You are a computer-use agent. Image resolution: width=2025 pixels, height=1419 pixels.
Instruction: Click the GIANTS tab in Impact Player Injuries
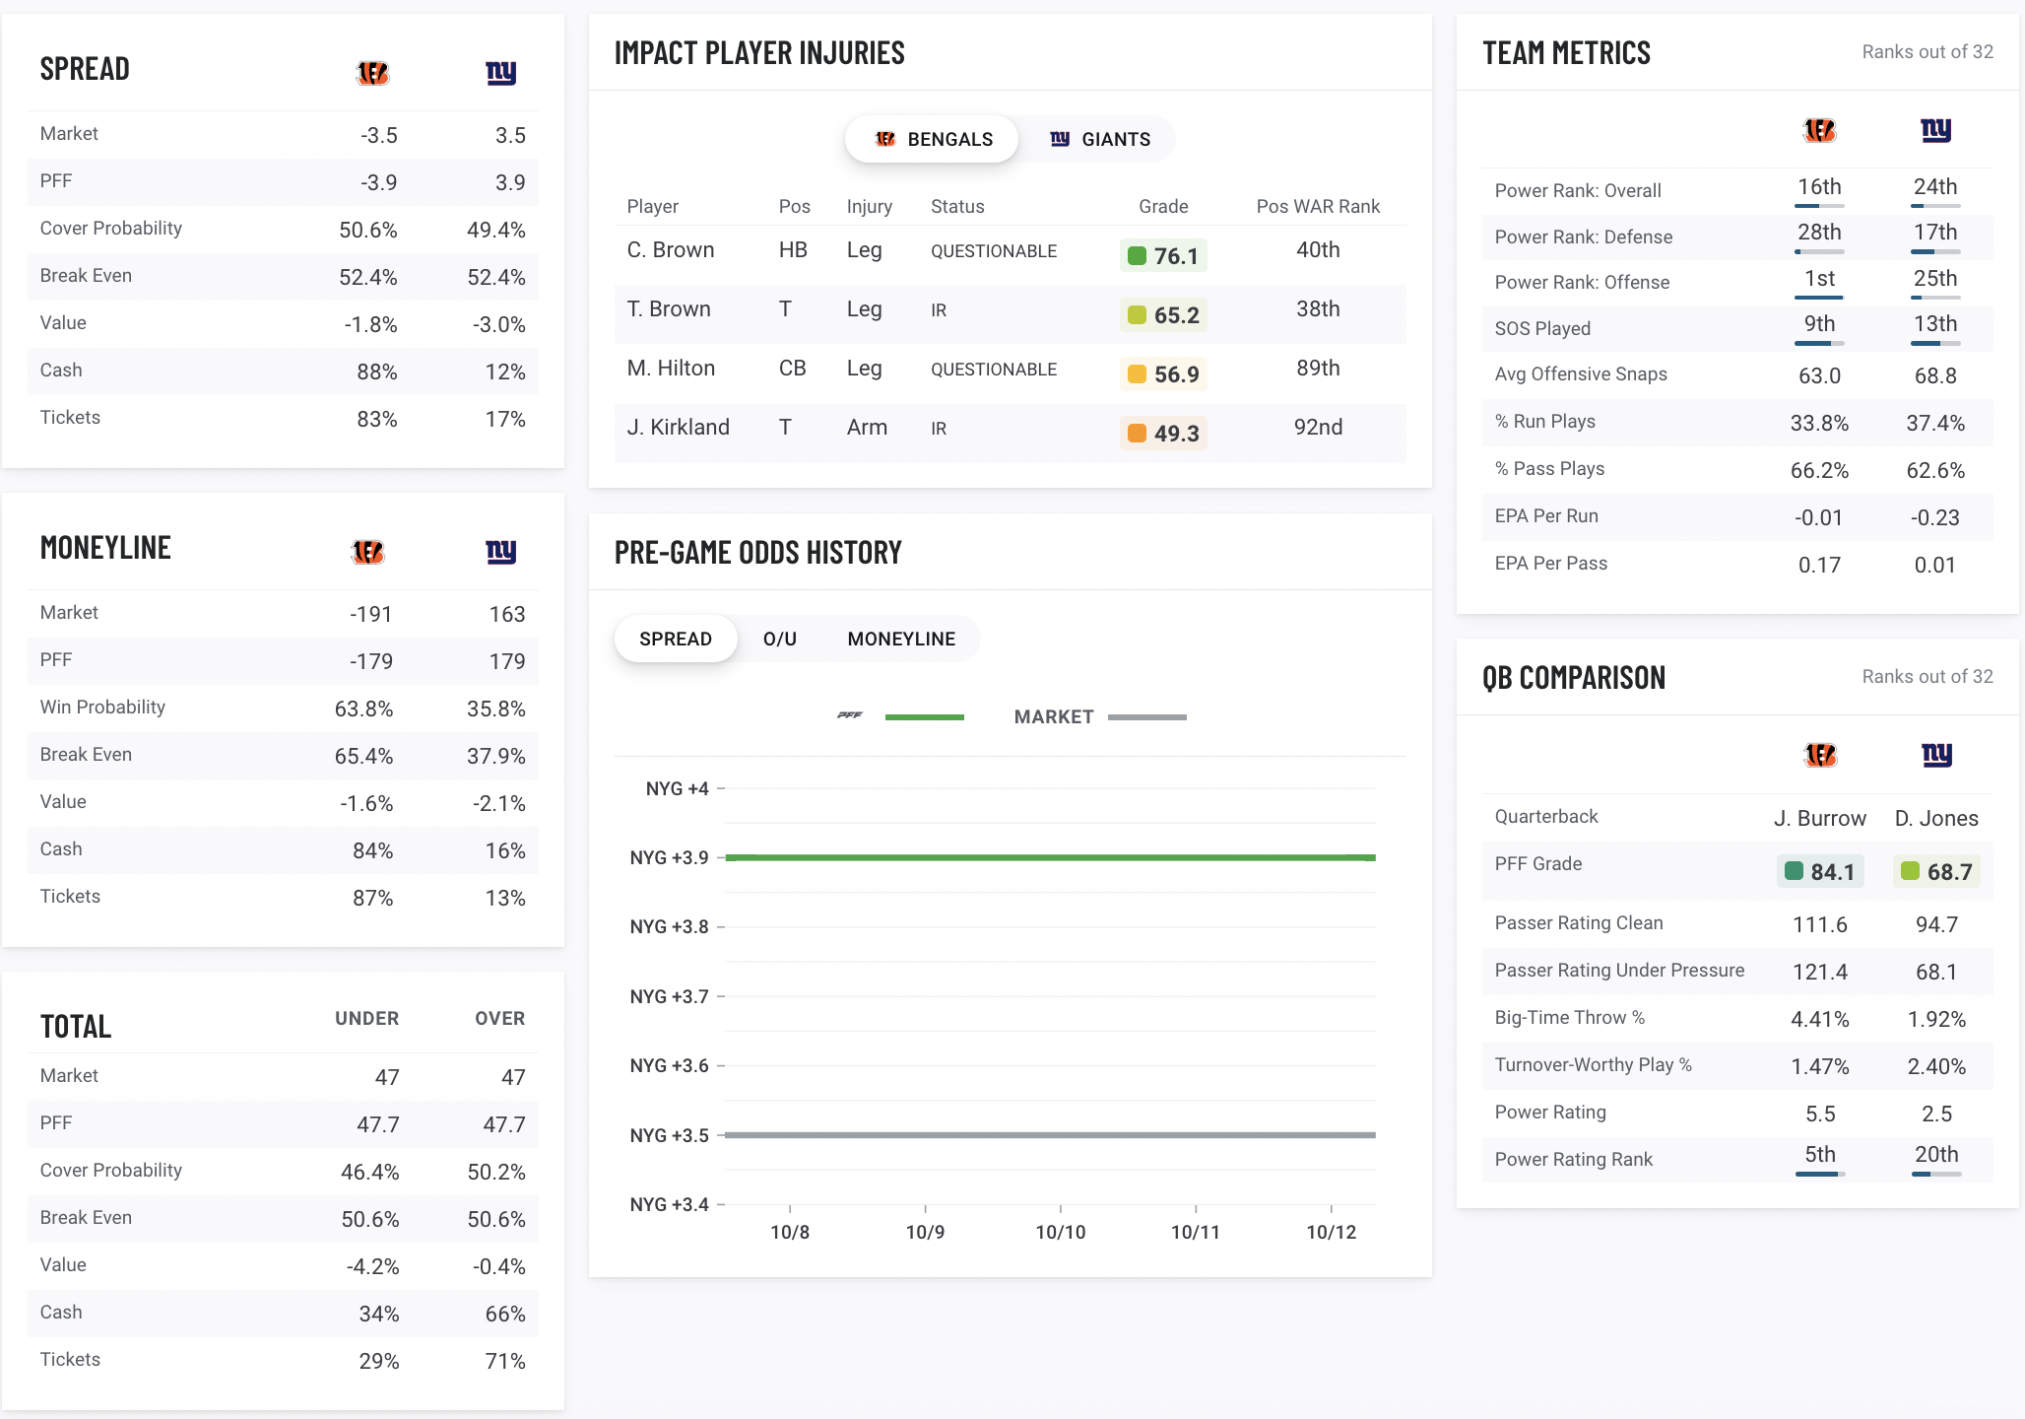click(x=1100, y=139)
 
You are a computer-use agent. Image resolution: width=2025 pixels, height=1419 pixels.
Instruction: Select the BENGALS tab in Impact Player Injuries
click(x=933, y=139)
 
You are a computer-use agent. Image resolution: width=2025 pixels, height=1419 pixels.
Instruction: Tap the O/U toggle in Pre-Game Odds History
click(x=779, y=639)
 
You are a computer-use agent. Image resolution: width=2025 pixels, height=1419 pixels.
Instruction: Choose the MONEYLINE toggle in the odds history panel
click(x=901, y=639)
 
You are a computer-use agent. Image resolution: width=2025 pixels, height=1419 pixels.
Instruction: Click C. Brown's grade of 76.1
click(x=1163, y=256)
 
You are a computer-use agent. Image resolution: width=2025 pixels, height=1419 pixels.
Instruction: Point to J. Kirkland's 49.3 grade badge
click(x=1163, y=434)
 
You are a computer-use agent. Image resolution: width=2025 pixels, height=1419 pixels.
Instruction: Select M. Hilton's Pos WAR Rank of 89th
click(x=1317, y=369)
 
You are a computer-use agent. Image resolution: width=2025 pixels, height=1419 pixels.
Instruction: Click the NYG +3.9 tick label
click(x=669, y=857)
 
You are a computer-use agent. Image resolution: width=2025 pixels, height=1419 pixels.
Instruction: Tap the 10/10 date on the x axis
click(x=1060, y=1232)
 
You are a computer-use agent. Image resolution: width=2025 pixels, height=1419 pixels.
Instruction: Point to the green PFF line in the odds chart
click(x=1050, y=857)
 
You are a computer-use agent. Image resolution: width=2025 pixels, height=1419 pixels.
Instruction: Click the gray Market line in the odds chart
click(x=1050, y=1135)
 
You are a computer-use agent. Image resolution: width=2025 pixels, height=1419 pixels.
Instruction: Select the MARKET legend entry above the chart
click(x=1054, y=717)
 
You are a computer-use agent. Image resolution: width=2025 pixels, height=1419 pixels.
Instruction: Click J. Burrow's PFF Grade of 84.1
click(x=1820, y=872)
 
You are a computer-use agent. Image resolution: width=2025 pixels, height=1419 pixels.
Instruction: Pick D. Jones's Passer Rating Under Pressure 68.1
click(x=1935, y=972)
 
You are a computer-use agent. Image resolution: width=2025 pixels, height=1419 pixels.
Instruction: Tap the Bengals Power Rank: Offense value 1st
click(x=1819, y=279)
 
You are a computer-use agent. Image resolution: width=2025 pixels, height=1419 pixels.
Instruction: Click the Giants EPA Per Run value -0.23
click(x=1934, y=517)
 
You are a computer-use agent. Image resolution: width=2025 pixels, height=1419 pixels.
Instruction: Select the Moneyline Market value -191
click(x=370, y=614)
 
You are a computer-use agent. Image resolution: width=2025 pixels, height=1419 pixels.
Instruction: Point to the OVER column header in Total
click(x=499, y=1019)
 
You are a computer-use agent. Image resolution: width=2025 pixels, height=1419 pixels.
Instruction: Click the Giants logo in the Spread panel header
click(x=500, y=73)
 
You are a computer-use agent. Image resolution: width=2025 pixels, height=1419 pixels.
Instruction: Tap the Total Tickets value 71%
click(x=504, y=1361)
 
